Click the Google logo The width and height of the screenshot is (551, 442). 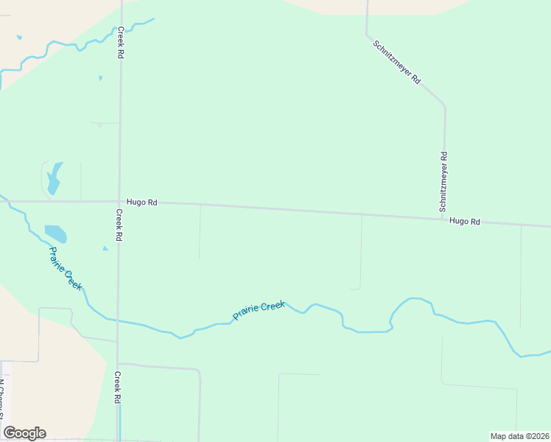24,433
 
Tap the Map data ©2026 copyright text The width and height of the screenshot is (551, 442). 519,436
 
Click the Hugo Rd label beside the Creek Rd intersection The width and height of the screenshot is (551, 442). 141,202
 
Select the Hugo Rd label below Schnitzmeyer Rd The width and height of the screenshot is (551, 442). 465,221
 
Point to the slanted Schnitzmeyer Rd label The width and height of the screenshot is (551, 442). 396,62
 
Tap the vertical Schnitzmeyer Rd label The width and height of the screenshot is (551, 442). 443,179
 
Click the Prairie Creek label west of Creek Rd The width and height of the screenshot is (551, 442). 65,267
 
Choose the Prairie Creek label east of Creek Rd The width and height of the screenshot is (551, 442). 259,310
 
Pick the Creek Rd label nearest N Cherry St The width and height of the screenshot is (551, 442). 117,387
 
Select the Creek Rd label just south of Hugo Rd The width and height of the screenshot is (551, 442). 118,225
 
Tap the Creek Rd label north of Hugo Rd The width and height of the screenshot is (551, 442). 121,43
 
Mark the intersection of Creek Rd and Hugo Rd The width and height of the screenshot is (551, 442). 119,201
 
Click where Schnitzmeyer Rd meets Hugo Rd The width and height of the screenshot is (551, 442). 444,217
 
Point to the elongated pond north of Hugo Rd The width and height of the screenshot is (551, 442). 54,179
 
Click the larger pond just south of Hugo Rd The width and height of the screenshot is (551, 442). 56,234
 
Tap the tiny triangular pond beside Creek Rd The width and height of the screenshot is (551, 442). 105,248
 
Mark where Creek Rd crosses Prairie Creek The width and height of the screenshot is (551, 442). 118,321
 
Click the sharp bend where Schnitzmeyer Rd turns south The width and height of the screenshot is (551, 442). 443,105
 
